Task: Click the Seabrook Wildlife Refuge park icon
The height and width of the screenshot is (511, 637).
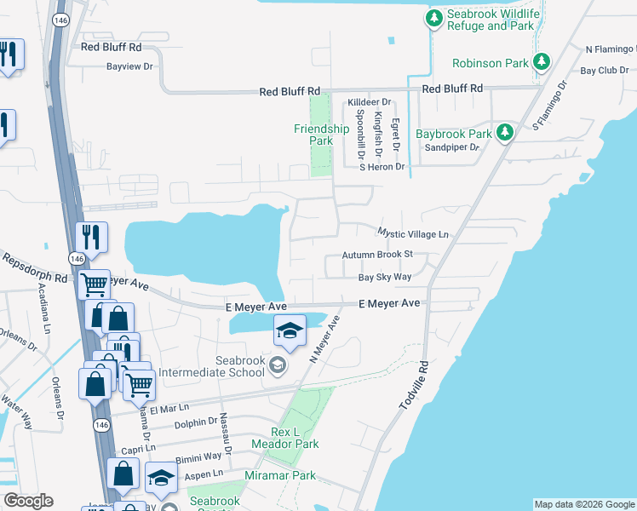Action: coord(434,18)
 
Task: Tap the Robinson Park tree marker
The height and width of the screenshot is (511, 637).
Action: coord(540,62)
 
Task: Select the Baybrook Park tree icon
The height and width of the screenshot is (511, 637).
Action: coord(505,133)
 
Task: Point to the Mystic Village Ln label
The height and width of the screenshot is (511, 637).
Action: coord(412,233)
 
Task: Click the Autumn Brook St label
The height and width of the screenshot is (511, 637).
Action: coord(376,254)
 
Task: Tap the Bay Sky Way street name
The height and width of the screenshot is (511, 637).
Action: coord(384,277)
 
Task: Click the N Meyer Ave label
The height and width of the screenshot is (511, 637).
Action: coord(324,339)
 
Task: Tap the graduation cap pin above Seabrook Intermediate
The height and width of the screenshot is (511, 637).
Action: coord(290,330)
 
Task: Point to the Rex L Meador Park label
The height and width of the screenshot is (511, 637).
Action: coord(284,438)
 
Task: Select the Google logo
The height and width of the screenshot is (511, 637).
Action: coord(28,501)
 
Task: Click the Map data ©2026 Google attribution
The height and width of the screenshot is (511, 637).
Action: coord(583,504)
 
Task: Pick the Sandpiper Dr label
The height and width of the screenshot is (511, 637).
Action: coord(452,147)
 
